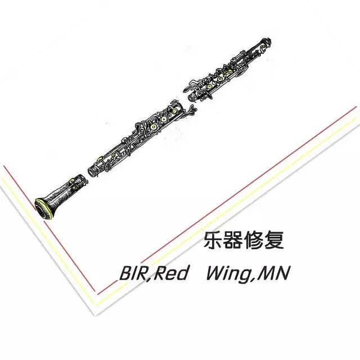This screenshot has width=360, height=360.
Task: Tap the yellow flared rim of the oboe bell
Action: (43, 209)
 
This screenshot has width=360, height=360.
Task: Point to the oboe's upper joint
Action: (231, 67)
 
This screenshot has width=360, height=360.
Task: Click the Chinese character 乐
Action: (212, 241)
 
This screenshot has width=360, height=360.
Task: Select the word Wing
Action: (230, 275)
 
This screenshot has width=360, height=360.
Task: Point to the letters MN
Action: (276, 274)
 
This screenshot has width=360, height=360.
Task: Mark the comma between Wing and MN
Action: (259, 280)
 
